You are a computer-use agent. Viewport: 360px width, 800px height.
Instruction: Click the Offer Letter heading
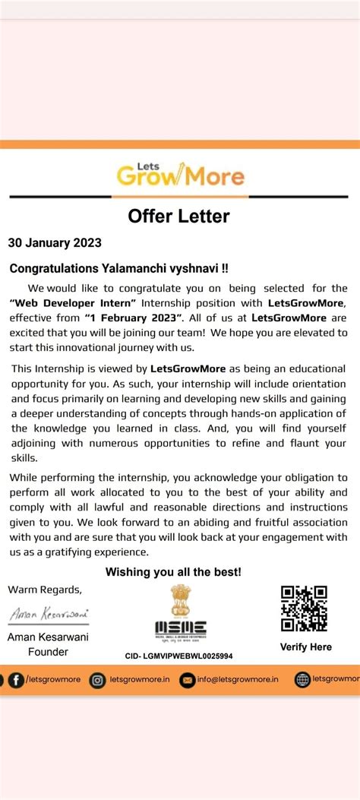pyautogui.click(x=178, y=217)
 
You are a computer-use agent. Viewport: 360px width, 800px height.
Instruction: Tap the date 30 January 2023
pyautogui.click(x=55, y=244)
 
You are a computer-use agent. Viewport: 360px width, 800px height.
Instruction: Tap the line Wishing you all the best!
pyautogui.click(x=173, y=571)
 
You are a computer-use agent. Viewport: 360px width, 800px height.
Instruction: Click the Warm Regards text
pyautogui.click(x=44, y=590)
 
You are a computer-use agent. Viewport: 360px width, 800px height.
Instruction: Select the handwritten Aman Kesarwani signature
pyautogui.click(x=48, y=613)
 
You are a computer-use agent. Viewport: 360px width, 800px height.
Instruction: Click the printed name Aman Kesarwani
pyautogui.click(x=48, y=637)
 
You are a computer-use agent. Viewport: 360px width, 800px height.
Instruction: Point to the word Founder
pyautogui.click(x=48, y=651)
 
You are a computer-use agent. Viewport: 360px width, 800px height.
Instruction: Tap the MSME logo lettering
pyautogui.click(x=180, y=628)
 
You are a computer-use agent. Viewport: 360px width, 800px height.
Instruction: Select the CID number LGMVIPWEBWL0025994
pyautogui.click(x=179, y=656)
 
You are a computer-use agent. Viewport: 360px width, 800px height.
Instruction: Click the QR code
pyautogui.click(x=304, y=609)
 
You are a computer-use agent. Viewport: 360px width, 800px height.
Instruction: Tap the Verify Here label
pyautogui.click(x=306, y=647)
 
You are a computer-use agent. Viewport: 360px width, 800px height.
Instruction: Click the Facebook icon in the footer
pyautogui.click(x=15, y=680)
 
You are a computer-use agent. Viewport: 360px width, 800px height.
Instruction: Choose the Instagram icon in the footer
pyautogui.click(x=97, y=680)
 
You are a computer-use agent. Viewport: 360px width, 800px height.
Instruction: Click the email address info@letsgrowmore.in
pyautogui.click(x=235, y=680)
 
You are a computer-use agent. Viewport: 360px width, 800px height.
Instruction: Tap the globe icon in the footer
pyautogui.click(x=302, y=680)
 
